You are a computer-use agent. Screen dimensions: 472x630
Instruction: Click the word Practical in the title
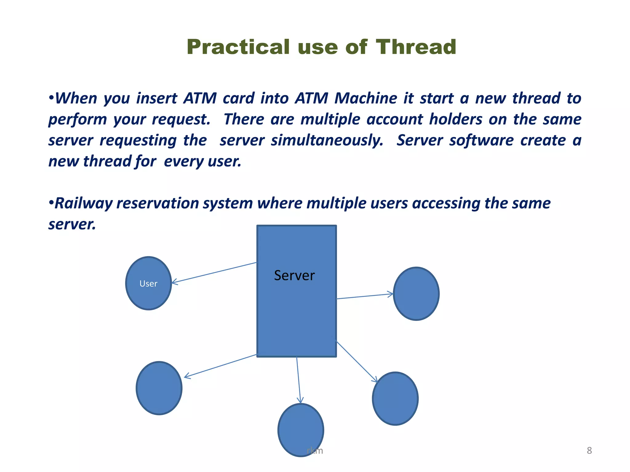238,47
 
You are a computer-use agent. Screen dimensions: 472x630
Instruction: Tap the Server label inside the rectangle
294,275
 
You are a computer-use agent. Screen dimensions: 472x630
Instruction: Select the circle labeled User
149,283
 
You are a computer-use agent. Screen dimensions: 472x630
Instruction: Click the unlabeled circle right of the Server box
416,294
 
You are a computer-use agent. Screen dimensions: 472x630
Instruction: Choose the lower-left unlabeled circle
159,388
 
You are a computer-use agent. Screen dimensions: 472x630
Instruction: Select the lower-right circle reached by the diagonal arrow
395,399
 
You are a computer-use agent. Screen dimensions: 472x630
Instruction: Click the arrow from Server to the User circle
214,273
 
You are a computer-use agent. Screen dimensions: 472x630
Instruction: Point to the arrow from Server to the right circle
365,296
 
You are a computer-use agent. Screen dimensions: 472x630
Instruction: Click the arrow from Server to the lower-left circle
220,366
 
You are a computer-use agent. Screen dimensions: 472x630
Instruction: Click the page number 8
589,450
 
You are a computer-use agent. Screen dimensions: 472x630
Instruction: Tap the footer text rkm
315,451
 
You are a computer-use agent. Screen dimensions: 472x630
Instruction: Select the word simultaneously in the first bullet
327,140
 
